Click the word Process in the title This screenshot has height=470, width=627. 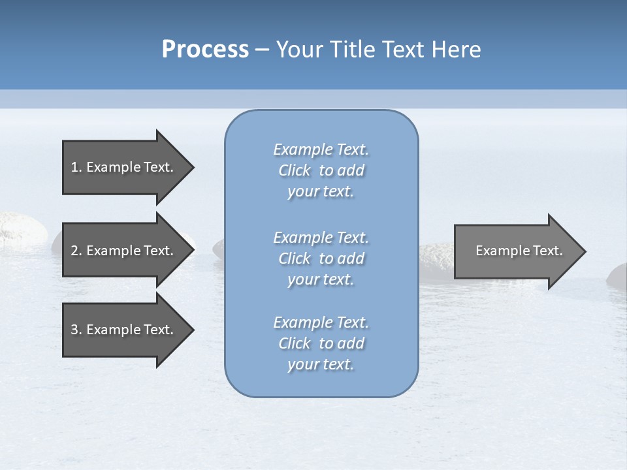[205, 50]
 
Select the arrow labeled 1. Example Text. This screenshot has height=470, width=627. [124, 167]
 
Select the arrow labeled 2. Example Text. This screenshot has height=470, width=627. [124, 251]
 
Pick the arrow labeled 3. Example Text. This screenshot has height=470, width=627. [124, 330]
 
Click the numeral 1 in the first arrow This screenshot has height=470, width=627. [74, 167]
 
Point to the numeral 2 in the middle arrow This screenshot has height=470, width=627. [74, 251]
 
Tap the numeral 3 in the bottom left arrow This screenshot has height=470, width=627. [74, 330]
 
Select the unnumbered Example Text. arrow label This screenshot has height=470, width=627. [519, 251]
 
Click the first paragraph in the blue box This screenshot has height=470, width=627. [321, 170]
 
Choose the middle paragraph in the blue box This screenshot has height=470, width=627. [321, 258]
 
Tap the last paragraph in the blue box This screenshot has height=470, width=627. [321, 343]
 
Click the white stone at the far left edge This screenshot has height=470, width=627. [20, 228]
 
